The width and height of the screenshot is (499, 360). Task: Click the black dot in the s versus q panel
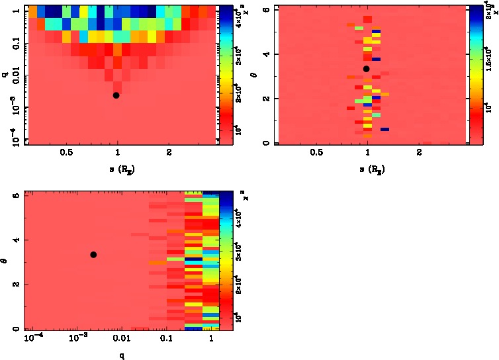click(x=116, y=95)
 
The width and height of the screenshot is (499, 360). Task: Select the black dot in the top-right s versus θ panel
click(x=367, y=69)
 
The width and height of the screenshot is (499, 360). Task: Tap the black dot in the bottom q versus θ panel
click(x=93, y=255)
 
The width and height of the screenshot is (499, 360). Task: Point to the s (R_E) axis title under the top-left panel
click(x=118, y=171)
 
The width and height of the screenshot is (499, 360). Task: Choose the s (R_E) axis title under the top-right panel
click(x=368, y=171)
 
